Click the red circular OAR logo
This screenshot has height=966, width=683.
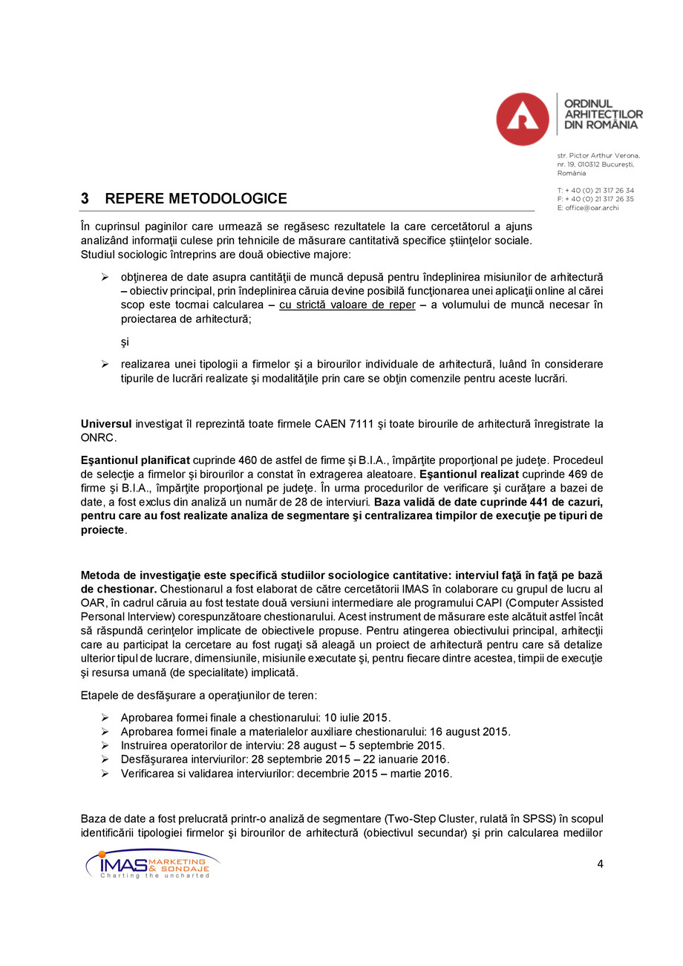523,119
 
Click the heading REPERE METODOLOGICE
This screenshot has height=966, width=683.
196,199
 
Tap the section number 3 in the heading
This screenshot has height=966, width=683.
85,199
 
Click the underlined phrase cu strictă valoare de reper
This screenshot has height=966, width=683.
347,305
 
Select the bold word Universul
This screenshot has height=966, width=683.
106,424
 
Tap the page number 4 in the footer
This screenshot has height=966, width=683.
599,864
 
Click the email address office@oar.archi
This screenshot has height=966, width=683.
592,208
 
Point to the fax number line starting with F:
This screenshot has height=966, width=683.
595,199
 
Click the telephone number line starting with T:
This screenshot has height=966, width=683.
595,190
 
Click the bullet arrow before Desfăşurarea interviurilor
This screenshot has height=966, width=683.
105,760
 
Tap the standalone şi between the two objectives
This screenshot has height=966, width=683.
125,342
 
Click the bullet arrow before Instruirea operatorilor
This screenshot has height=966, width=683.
105,745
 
